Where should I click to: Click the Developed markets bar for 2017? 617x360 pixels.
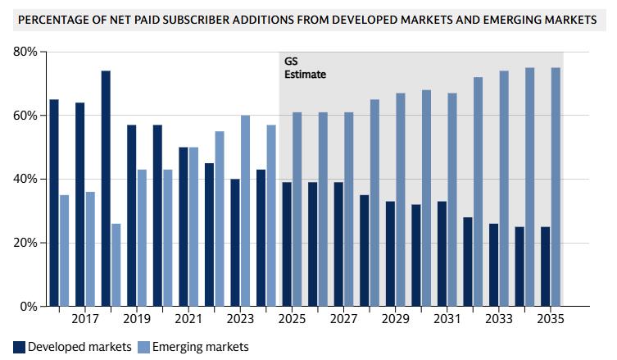[x=80, y=204]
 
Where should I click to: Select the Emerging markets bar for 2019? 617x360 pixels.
[x=142, y=238]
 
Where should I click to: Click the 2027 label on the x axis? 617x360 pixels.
[x=343, y=318]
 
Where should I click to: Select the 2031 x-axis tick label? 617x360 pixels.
[x=447, y=318]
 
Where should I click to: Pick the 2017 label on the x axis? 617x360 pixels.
[x=85, y=318]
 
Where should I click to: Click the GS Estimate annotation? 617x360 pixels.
[x=304, y=68]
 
